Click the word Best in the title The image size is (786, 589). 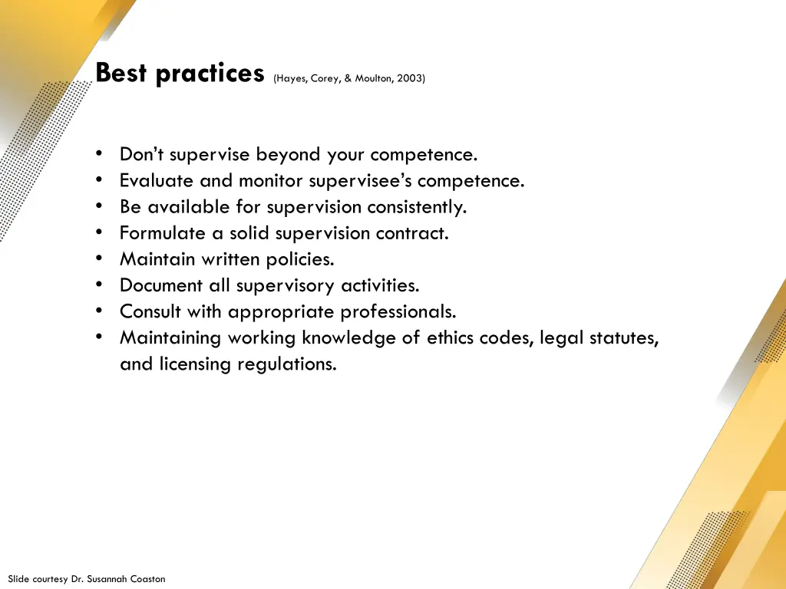pyautogui.click(x=122, y=74)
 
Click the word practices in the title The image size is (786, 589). pyautogui.click(x=210, y=74)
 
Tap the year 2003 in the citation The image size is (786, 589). pyautogui.click(x=410, y=78)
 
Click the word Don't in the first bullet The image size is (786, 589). pyautogui.click(x=142, y=154)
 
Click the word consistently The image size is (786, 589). pyautogui.click(x=417, y=207)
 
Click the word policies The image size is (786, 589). pyautogui.click(x=300, y=259)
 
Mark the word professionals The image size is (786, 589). pyautogui.click(x=398, y=312)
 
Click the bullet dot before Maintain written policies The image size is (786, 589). pyautogui.click(x=101, y=259)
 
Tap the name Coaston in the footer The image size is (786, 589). pyautogui.click(x=147, y=579)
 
